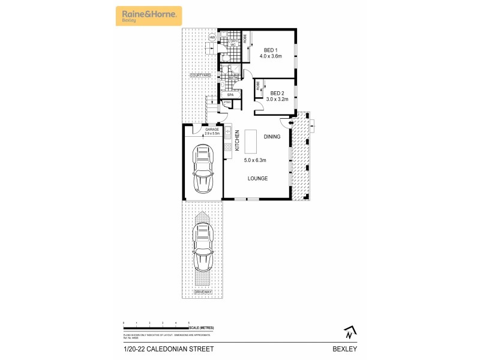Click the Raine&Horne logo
pos(148,15)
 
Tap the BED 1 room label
pos(271,50)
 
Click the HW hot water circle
pos(212,38)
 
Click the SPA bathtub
pos(230,95)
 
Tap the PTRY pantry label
pos(227,103)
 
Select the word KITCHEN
pos(237,140)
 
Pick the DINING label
pos(272,137)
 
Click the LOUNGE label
pos(258,179)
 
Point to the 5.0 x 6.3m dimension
pos(256,160)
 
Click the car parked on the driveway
pos(203,247)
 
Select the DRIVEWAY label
pos(203,292)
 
